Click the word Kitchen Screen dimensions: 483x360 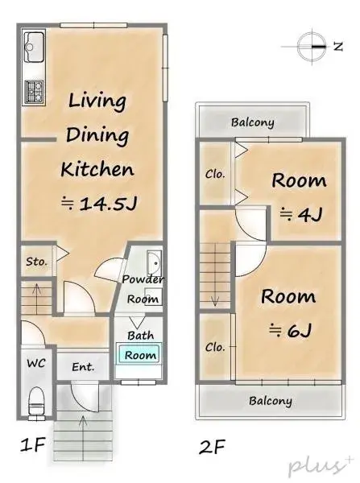coord(97,169)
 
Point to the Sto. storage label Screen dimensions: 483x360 coord(35,262)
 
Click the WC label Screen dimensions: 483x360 coord(35,363)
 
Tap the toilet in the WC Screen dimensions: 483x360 coord(36,400)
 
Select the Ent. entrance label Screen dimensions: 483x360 coord(83,367)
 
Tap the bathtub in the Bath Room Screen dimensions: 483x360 coord(140,354)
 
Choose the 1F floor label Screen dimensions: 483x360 coord(32,444)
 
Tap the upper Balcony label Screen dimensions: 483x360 coord(252,123)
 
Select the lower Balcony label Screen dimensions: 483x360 coord(270,400)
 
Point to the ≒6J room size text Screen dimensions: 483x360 coord(288,329)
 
